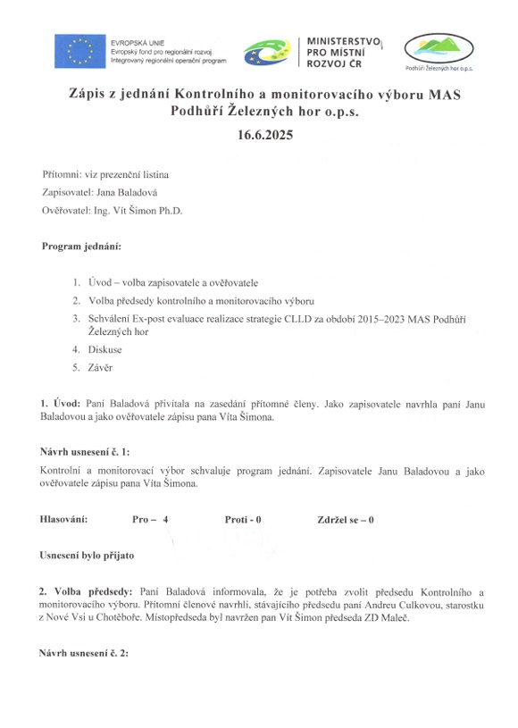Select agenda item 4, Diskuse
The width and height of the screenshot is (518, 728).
click(105, 349)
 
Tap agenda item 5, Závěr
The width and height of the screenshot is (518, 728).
click(101, 367)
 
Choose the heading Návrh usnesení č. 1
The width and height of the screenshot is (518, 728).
click(92, 453)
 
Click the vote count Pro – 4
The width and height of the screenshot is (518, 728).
click(150, 519)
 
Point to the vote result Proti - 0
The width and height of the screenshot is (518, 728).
click(243, 519)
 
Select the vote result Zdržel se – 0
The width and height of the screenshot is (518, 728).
click(345, 519)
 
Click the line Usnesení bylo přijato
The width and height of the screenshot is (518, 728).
click(87, 556)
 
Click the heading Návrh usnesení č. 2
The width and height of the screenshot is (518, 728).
click(85, 653)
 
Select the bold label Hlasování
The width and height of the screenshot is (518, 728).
click(65, 519)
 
